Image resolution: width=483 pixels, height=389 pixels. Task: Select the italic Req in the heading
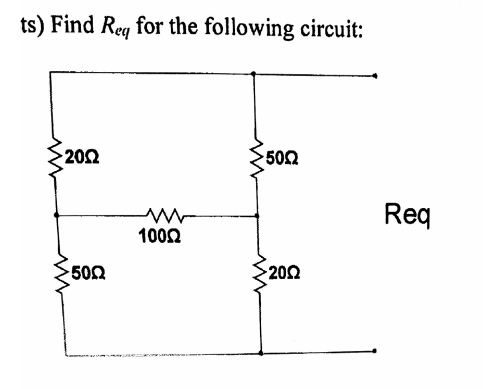click(x=116, y=28)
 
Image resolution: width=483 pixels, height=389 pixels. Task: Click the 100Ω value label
click(x=160, y=237)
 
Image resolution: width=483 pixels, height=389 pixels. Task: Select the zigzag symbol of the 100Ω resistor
click(x=165, y=215)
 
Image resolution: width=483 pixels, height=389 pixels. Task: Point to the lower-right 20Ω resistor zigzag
click(x=259, y=273)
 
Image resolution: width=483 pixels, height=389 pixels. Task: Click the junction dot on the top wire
click(x=253, y=74)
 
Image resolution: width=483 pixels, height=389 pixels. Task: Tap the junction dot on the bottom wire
click(x=260, y=353)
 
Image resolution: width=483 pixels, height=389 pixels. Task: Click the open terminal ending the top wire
click(x=374, y=76)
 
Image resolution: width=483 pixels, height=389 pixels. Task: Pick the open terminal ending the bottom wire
click(x=374, y=352)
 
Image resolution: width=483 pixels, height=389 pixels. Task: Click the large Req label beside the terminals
click(x=408, y=214)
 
